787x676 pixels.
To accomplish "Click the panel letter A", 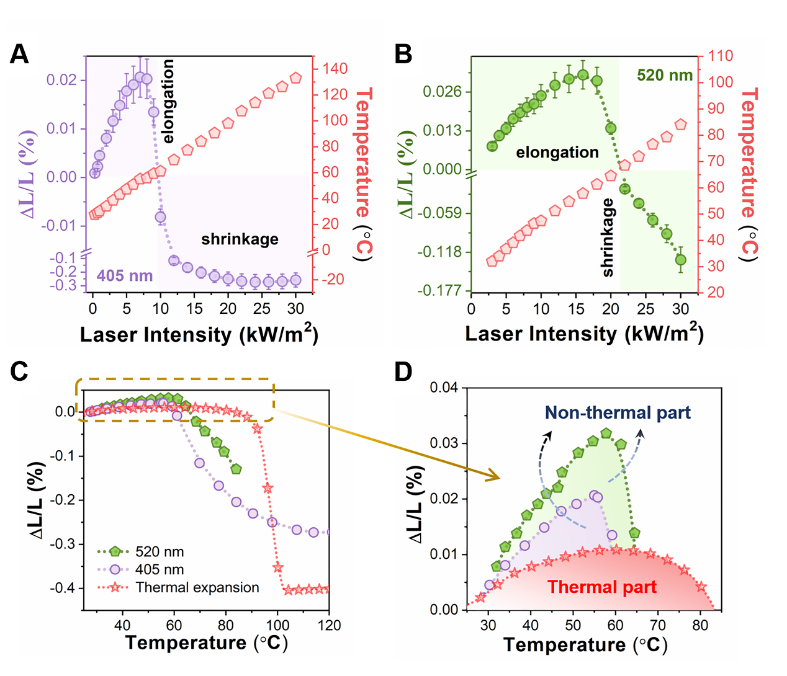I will tap(19, 55).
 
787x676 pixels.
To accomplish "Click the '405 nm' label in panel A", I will tap(125, 275).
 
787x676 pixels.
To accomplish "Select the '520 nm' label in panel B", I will tap(664, 76).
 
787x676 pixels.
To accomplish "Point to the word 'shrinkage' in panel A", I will tap(240, 239).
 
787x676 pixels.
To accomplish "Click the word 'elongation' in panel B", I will tap(557, 153).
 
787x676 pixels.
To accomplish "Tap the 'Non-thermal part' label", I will tap(618, 413).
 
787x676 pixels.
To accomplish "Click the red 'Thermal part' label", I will tap(601, 587).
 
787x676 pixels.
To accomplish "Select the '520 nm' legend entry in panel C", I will tap(159, 551).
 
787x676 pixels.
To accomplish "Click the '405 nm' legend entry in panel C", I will tap(159, 569).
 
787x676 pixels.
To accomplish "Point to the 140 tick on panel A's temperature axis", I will tap(335, 68).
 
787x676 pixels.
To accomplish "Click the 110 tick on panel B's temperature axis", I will tap(720, 56).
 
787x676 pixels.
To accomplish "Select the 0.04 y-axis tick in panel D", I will tap(444, 388).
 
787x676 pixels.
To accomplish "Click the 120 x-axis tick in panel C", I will tap(329, 625).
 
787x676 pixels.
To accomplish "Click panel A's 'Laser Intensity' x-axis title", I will tap(199, 334).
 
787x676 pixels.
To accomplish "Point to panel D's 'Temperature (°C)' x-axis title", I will tap(585, 644).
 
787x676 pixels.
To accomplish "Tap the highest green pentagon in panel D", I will tap(606, 433).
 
